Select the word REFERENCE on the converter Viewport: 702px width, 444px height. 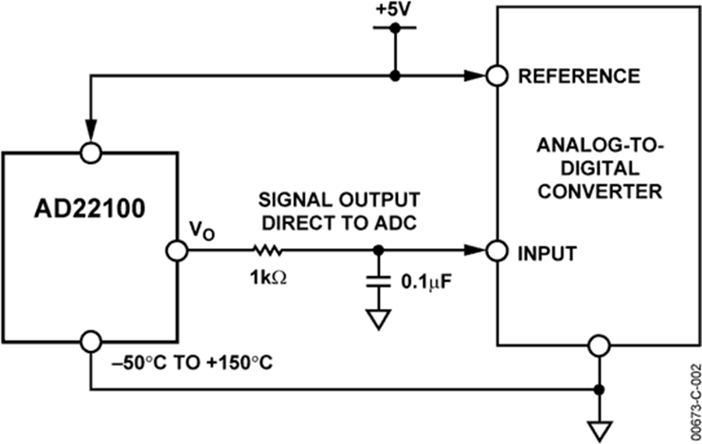[579, 76]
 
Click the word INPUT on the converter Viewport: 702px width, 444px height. [548, 253]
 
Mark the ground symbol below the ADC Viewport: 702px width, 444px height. [599, 428]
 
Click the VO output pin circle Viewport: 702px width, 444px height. [176, 250]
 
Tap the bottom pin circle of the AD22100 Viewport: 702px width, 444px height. [91, 342]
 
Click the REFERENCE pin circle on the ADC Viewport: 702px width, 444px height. [497, 76]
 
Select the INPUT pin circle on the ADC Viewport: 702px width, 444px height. [497, 250]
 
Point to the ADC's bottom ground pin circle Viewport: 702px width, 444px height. [599, 344]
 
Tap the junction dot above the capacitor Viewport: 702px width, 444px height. [378, 250]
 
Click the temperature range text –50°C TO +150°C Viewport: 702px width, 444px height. [191, 364]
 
